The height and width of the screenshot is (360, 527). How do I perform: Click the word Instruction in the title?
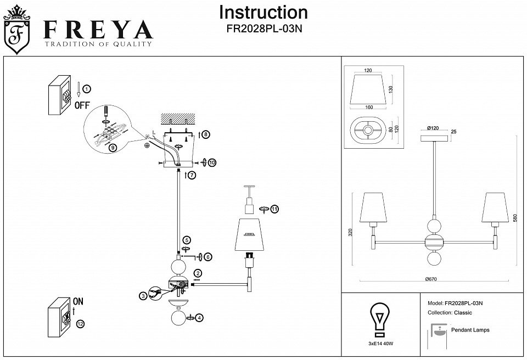click(x=263, y=13)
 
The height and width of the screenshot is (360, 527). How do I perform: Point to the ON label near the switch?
click(x=79, y=301)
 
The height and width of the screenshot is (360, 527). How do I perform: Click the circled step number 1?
click(x=87, y=88)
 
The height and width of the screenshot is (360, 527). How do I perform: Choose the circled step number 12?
click(x=81, y=324)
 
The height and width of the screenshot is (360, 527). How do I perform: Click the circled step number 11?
click(x=274, y=209)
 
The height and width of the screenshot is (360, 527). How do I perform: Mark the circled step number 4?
click(x=199, y=317)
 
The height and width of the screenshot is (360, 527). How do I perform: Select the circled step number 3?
click(x=143, y=296)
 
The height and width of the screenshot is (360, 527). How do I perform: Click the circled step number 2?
click(x=197, y=273)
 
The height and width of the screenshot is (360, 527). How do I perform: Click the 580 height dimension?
click(x=514, y=218)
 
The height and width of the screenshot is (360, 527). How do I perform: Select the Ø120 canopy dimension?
click(x=434, y=128)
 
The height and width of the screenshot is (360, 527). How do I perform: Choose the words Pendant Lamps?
click(x=470, y=330)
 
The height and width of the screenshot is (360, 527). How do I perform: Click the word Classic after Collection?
click(x=463, y=313)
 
